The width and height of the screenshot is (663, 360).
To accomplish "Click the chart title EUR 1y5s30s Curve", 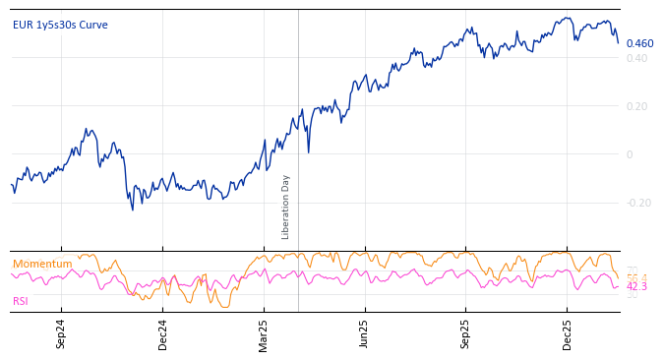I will (x=60, y=26).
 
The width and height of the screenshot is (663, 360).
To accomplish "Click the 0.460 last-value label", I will (x=639, y=43).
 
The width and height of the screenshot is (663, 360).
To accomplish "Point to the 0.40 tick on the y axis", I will (x=636, y=58).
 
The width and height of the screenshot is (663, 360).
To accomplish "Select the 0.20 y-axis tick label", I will (x=636, y=106).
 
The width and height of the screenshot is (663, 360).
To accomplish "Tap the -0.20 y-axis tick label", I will (x=638, y=203).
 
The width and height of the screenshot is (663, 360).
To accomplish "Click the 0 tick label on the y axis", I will (x=630, y=154).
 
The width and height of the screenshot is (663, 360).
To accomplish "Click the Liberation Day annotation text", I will (x=286, y=207).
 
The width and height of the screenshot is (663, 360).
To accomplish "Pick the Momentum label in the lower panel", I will (x=42, y=265).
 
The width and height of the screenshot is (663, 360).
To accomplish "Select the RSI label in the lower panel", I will (x=21, y=301).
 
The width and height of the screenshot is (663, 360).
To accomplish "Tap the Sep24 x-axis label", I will (x=61, y=333).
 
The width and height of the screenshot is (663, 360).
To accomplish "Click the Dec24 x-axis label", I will (x=163, y=333).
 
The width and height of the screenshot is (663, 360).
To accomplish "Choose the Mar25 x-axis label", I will (x=264, y=333).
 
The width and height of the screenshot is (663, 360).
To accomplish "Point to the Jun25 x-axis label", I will (x=365, y=333).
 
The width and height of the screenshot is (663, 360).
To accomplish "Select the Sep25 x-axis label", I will (x=466, y=333).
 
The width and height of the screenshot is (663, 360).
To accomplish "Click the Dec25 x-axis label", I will (x=568, y=333).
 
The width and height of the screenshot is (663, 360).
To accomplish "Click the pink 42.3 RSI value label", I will (x=636, y=287).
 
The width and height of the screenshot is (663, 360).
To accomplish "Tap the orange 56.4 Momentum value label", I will (x=636, y=278).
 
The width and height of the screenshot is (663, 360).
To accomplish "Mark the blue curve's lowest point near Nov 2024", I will (x=133, y=209).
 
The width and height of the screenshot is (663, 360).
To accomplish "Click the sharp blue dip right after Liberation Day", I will (x=308, y=151).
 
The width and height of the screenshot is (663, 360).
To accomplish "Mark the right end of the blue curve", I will (x=619, y=43).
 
